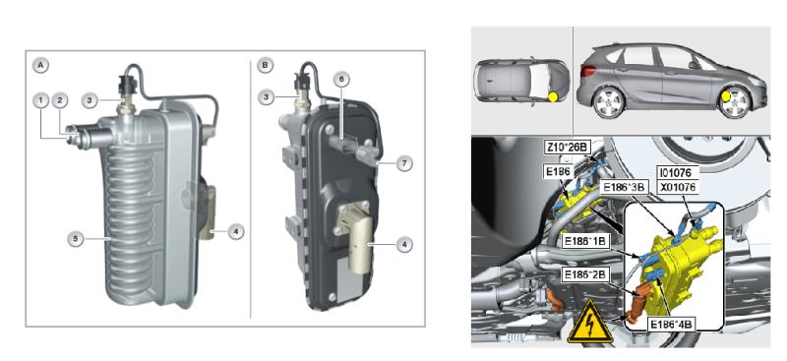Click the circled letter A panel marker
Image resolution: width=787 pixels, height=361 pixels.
40,65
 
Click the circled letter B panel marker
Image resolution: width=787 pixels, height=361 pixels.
265,65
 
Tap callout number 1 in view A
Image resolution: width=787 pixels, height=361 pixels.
40,100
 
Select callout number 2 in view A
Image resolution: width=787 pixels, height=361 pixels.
60,100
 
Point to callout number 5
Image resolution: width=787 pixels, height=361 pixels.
76,239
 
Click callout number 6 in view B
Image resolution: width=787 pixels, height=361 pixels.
341,79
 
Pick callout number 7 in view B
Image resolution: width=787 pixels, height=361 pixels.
404,163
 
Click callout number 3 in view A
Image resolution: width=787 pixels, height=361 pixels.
90,100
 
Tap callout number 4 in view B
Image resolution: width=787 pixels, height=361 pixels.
404,245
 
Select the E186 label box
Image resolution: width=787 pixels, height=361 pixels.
559,172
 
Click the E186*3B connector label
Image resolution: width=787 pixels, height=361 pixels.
623,185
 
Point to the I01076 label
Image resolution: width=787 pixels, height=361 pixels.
676,173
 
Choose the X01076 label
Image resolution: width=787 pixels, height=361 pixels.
676,185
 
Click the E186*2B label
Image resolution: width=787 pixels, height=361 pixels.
584,275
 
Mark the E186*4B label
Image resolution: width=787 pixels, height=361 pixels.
671,325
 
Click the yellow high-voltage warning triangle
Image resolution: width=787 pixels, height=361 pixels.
590,323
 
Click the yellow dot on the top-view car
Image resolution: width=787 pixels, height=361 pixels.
553,97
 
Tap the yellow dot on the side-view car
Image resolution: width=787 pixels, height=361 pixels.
726,96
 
